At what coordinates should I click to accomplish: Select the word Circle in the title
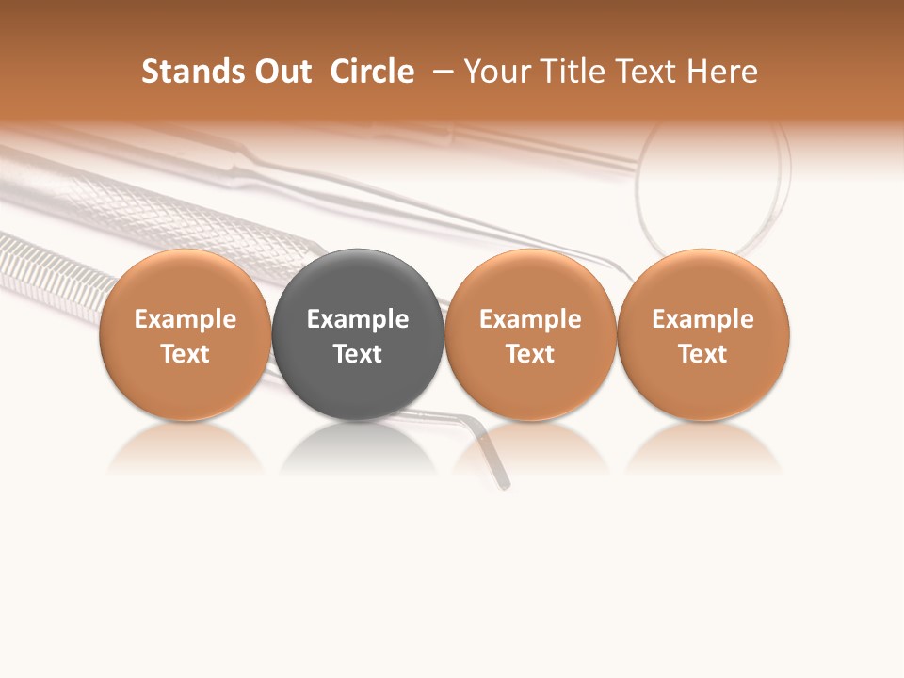pos(372,72)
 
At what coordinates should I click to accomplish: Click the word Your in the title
pos(497,72)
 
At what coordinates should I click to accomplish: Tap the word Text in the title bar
pos(650,72)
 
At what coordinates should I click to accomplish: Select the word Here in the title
pos(723,72)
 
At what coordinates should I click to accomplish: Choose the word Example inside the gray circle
pos(358,319)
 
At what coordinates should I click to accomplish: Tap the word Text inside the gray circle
pos(358,354)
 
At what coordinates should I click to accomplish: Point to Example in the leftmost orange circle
pos(186,319)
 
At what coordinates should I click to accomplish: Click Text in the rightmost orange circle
pos(703,354)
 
